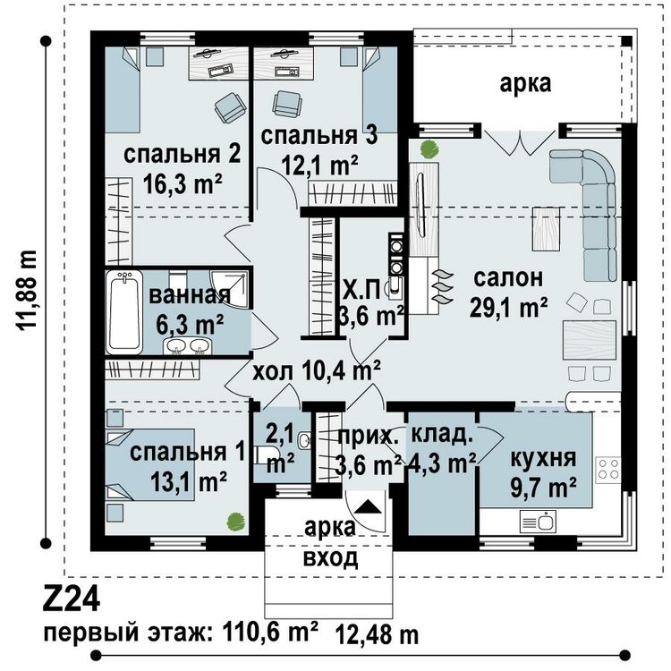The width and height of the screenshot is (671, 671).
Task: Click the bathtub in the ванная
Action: point(124,313)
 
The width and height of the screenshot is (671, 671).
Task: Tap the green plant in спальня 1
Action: point(235,518)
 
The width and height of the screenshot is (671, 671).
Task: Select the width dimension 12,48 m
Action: point(377,634)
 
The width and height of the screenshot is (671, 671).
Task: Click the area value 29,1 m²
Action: point(509,308)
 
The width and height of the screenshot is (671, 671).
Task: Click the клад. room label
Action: point(441,437)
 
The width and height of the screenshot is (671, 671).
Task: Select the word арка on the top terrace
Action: point(525,83)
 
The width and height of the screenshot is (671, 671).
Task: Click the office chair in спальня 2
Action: point(230,108)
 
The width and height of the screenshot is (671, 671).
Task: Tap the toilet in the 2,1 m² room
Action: point(261,454)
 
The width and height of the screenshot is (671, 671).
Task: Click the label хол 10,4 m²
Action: point(317,370)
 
